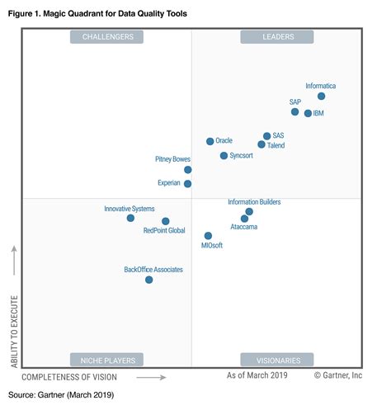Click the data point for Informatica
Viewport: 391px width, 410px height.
tap(322, 97)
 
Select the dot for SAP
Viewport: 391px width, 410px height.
tap(294, 111)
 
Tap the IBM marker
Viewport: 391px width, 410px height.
tap(308, 114)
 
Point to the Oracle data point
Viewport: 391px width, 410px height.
tap(210, 141)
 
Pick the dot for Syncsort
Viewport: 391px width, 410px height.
tap(224, 155)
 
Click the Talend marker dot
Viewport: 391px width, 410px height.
tap(261, 144)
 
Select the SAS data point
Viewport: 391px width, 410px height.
tap(266, 136)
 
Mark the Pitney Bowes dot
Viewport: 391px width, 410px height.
tap(188, 169)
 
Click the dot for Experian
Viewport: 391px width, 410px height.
tap(188, 183)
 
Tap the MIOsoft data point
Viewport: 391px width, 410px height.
tap(208, 236)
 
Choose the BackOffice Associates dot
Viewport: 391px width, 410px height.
tap(149, 280)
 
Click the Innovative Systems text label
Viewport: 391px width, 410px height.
tap(129, 209)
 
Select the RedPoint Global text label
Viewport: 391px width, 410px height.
tap(164, 231)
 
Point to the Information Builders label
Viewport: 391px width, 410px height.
tap(254, 201)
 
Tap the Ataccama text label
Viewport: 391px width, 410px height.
tap(243, 227)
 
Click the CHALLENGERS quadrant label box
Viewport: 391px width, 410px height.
tap(107, 37)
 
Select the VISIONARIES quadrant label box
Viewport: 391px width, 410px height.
tap(276, 359)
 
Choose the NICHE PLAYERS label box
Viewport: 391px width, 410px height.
tap(107, 359)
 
